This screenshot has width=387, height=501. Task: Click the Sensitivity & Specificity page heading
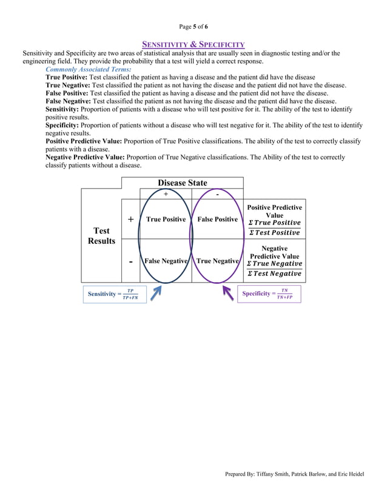[x=193, y=44]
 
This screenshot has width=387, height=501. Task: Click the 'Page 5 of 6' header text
[x=193, y=27]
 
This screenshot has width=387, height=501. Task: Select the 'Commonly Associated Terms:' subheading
[x=88, y=70]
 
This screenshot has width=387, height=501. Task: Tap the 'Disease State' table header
[x=182, y=183]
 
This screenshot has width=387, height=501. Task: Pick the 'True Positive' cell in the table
[x=166, y=219]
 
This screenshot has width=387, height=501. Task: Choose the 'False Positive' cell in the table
[x=217, y=219]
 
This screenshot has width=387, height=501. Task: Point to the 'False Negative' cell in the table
[x=166, y=261]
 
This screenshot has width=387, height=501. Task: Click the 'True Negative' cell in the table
[x=217, y=261]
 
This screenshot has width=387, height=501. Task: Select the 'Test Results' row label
[x=101, y=235]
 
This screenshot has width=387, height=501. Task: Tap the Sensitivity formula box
[x=115, y=294]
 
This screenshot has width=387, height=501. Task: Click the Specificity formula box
[x=269, y=294]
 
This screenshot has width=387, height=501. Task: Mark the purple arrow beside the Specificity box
[x=227, y=293]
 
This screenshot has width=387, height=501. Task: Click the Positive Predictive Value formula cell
[x=274, y=220]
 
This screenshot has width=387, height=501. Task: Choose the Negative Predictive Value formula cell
[x=274, y=261]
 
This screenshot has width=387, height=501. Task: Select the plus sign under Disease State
[x=166, y=193]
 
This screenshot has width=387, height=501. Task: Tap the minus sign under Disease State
[x=217, y=193]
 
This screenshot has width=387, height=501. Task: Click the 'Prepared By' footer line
[x=294, y=474]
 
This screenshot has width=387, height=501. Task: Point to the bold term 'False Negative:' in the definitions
[x=67, y=101]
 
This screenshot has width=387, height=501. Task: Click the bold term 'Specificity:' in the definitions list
[x=65, y=125]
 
